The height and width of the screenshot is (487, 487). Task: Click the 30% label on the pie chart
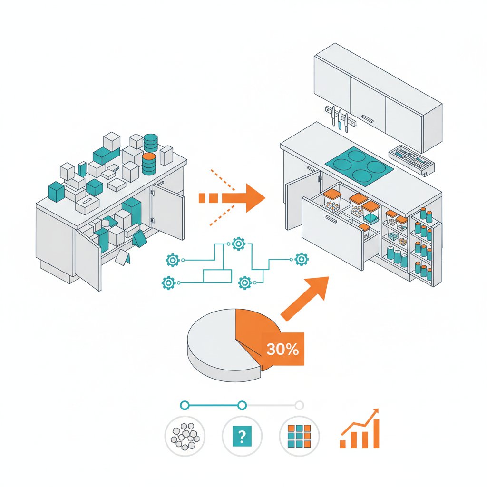point(282,350)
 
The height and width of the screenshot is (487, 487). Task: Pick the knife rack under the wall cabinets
point(341,117)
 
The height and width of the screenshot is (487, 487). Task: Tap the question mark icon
point(242,435)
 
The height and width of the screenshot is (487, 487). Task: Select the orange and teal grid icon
point(299,435)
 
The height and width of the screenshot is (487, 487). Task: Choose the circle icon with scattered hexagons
point(185,435)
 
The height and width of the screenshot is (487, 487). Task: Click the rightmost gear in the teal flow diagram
point(301,259)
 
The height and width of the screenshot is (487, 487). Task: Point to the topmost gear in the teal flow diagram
point(237,244)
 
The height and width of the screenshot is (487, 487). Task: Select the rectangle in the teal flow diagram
point(217,276)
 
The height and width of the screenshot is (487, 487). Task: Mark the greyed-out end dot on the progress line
point(299,405)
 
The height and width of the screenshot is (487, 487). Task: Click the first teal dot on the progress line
point(185,405)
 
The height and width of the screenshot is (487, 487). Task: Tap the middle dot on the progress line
point(242,405)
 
